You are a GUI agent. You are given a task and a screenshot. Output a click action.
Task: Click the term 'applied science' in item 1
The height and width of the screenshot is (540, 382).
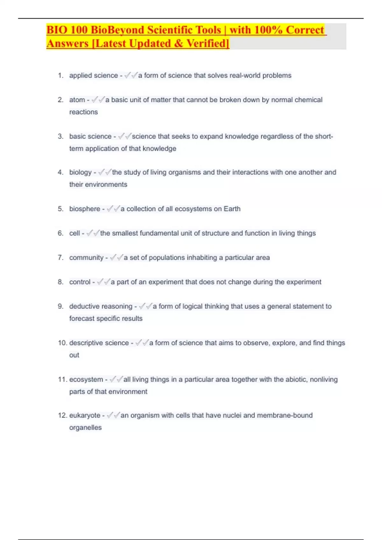(94, 76)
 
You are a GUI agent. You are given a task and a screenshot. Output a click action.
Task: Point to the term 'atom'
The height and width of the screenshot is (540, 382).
(77, 100)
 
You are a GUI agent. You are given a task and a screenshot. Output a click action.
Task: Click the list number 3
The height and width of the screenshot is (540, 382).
(60, 137)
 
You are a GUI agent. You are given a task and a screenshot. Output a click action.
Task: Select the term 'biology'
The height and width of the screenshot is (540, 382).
(80, 172)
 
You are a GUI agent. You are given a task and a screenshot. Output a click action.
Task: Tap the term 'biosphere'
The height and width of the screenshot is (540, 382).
(85, 209)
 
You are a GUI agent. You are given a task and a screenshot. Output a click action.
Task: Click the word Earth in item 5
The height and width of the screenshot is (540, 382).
(232, 209)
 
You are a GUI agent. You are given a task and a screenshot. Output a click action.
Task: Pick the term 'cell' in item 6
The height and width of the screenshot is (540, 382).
(74, 233)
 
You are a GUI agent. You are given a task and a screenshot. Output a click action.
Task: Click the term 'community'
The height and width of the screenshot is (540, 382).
(86, 258)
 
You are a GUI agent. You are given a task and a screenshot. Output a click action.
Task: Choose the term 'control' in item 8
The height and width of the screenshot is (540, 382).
(80, 282)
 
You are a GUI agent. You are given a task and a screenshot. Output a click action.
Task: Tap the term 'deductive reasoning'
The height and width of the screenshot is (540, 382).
(101, 307)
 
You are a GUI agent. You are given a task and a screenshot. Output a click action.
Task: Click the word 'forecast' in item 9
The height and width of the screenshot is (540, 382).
(82, 319)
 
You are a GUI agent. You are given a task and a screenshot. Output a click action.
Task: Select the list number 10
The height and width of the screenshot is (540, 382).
(62, 343)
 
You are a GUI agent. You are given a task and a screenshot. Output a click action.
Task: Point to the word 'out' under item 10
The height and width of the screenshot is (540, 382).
(74, 355)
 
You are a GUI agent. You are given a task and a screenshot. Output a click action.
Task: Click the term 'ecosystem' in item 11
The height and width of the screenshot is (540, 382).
(86, 380)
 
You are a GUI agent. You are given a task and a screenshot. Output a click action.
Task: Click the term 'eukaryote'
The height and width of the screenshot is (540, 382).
(85, 415)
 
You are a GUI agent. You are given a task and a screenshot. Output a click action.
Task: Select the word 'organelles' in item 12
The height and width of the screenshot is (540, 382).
(85, 428)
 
